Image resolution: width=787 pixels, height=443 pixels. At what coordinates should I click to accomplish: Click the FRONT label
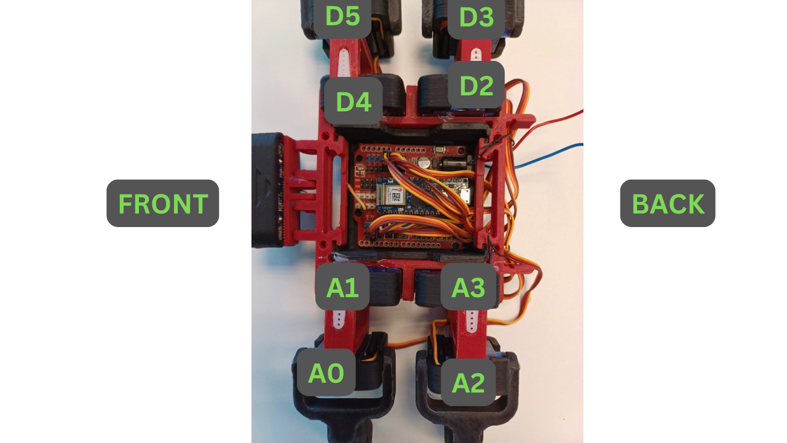162,204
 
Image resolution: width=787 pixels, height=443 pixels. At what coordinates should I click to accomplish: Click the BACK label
668,204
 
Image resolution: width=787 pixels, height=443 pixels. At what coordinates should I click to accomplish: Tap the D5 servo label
342,17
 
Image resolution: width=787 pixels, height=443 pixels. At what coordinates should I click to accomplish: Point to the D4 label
354,102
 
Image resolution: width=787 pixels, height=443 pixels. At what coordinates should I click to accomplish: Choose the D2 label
476,86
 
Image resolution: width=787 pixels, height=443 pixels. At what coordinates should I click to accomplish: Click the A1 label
342,287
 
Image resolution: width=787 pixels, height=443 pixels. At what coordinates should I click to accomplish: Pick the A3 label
469,287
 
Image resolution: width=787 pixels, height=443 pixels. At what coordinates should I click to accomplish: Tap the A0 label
326,373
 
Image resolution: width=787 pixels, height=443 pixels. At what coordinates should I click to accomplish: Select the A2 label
469,383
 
